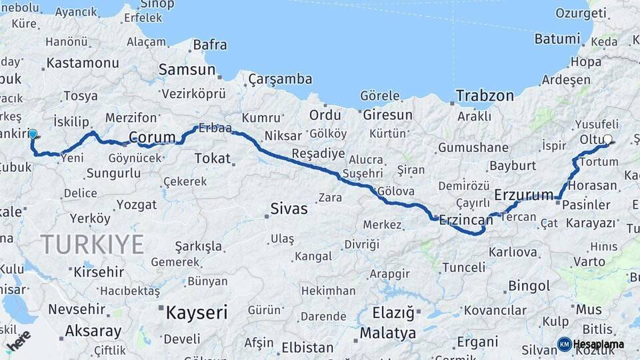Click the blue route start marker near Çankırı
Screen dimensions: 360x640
point(33,134)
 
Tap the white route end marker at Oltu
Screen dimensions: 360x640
point(607,140)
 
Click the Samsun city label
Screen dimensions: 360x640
point(187,69)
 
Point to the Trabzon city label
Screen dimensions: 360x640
point(485,96)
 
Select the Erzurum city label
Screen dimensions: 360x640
point(524,195)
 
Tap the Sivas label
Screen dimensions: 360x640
point(289,209)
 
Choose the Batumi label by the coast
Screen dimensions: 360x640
point(557,39)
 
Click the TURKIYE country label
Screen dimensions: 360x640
point(92,245)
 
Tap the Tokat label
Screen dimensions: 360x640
point(212,159)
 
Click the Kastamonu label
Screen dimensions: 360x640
point(83,64)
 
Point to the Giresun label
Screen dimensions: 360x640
point(388,115)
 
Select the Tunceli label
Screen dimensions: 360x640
point(463,267)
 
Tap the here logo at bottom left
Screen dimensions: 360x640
point(19,341)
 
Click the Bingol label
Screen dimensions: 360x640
point(529,286)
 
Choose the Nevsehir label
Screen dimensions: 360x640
point(77,309)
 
